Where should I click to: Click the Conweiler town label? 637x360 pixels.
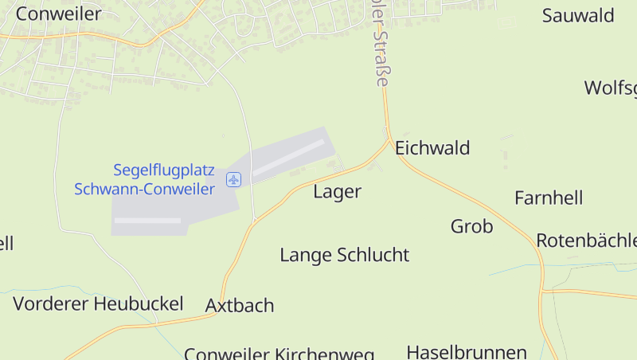[x=58, y=14]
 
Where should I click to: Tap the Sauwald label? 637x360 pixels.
[x=578, y=15]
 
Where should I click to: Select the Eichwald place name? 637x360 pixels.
[x=432, y=147]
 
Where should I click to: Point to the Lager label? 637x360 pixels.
[x=337, y=191]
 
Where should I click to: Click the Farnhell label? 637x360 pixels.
[x=549, y=198]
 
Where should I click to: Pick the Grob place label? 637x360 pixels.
[x=471, y=226]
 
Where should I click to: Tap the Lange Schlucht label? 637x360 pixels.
[x=344, y=255]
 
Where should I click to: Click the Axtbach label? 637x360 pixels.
[x=239, y=305]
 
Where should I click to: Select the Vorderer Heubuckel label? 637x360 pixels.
[x=98, y=303]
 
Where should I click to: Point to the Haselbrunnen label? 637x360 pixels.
[x=467, y=351]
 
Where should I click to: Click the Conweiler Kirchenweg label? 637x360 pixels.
[x=279, y=353]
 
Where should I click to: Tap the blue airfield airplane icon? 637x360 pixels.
[x=233, y=179]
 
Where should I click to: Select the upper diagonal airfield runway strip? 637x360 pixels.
[x=288, y=157]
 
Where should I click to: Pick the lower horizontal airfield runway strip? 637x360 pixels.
[x=147, y=220]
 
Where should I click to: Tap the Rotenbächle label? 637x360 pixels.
[x=586, y=240]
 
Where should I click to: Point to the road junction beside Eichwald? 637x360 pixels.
[x=390, y=143]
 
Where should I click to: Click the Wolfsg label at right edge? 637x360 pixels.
[x=611, y=88]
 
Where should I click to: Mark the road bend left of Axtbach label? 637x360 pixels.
[x=216, y=313]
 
